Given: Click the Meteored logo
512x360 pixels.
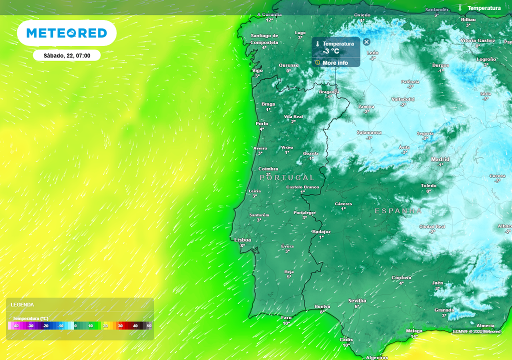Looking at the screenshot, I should [66, 33].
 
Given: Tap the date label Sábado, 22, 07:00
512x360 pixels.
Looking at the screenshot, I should [66, 55].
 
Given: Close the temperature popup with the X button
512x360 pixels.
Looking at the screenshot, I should [366, 42].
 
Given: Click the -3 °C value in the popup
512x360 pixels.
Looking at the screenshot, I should [331, 51].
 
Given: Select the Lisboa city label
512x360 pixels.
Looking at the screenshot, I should [242, 240].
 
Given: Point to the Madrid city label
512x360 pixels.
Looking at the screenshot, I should [440, 159].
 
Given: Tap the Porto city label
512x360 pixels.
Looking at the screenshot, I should [262, 123].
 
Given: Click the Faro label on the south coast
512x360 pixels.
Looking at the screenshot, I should [286, 317].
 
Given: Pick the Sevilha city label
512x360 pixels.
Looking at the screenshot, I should [357, 300].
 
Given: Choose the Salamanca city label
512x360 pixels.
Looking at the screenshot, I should [369, 132].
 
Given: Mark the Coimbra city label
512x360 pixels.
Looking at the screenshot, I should [268, 169].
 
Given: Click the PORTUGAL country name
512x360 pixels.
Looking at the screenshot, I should [287, 177].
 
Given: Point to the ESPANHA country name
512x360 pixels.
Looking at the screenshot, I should [398, 211].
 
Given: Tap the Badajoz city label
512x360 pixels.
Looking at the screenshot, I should [321, 232].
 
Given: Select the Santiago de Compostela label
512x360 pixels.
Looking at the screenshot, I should [264, 39].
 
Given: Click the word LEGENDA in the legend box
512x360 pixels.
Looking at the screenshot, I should [22, 304].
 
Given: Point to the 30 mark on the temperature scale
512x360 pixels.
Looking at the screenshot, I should [120, 326].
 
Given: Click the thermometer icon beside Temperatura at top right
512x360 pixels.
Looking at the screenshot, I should [460, 8].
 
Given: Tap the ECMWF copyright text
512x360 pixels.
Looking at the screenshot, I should [476, 331].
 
